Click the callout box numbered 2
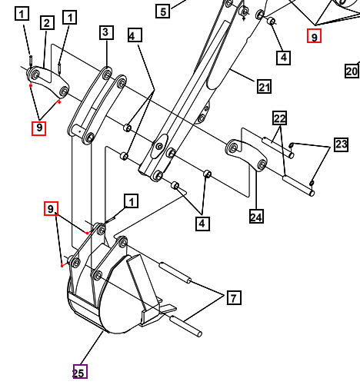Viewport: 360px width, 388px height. tap(47, 23)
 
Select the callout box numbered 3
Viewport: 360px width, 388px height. tap(106, 32)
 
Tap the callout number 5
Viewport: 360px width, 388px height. tap(162, 11)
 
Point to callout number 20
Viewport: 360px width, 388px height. tap(352, 71)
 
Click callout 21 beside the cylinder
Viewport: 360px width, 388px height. tap(264, 87)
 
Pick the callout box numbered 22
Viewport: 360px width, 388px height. tap(279, 118)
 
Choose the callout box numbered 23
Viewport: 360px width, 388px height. tap(342, 144)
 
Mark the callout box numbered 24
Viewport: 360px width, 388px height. tap(256, 217)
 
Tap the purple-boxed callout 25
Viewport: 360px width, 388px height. tap(80, 372)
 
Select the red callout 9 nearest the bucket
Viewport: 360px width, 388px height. tap(51, 209)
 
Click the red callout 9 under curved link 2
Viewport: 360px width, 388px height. tap(38, 128)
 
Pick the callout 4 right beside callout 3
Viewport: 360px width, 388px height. tap(135, 36)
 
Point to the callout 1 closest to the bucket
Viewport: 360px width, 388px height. tap(132, 201)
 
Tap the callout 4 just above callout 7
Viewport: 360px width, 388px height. tap(202, 224)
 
